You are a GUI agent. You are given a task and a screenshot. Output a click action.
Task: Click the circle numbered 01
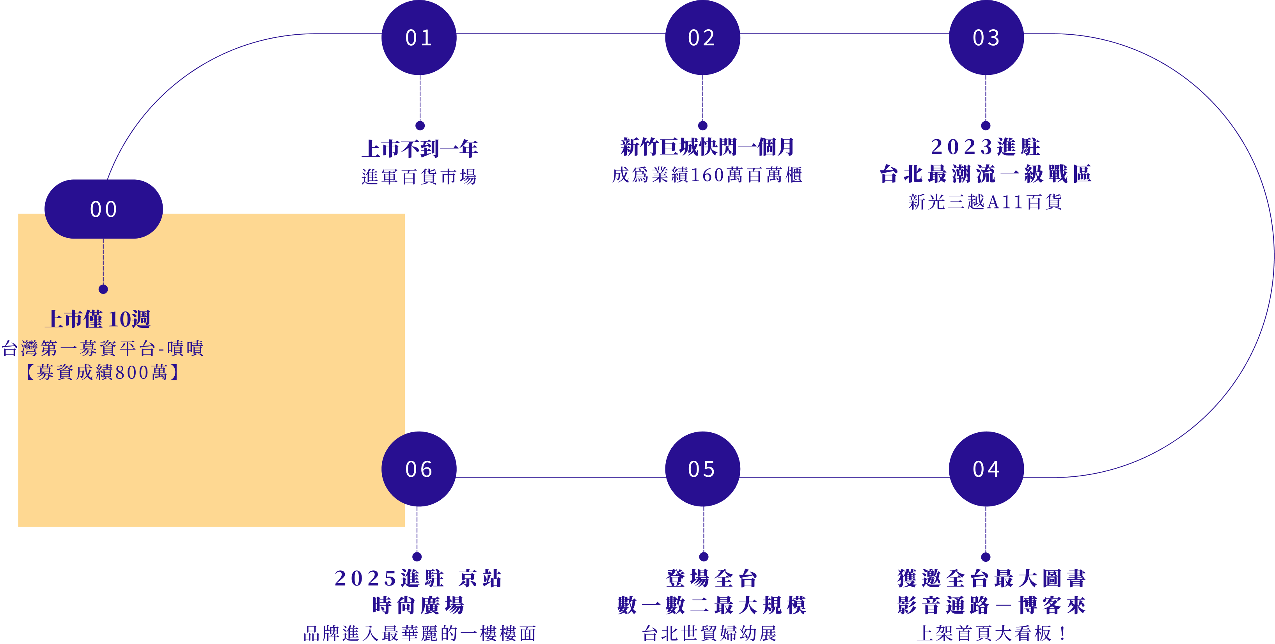[419, 37]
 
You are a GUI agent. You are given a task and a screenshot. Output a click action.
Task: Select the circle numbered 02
[702, 37]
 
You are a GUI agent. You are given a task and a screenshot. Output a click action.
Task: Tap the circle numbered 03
[986, 37]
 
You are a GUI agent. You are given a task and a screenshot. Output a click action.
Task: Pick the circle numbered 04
[986, 469]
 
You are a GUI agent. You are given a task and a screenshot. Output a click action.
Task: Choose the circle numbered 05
[702, 469]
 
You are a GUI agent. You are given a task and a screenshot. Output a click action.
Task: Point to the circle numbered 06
[419, 469]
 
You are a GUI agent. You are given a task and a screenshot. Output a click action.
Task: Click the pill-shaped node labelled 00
[103, 209]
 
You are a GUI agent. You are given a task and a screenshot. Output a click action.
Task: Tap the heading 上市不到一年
[420, 149]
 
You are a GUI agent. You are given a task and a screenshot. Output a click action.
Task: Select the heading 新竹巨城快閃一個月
[707, 147]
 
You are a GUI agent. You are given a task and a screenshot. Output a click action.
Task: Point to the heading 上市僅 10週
[98, 319]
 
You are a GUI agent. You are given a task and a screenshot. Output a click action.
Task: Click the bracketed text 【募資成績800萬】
[103, 372]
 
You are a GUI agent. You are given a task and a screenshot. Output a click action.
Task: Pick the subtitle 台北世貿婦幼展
[709, 633]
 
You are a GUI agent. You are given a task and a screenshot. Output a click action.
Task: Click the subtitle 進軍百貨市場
[419, 177]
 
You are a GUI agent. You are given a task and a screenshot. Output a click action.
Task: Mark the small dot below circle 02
[703, 126]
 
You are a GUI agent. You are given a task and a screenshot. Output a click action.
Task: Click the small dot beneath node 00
[103, 289]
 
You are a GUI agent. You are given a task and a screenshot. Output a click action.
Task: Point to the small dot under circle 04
[986, 557]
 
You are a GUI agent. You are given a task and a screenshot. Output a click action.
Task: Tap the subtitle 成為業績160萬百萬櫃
[707, 175]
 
